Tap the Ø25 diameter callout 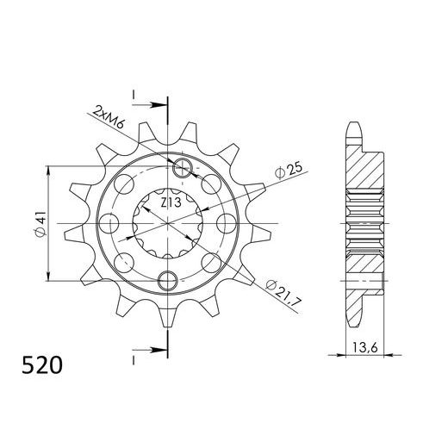(x=288, y=171)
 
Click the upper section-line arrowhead (x=159, y=105)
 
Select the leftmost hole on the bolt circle (x=109, y=224)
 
